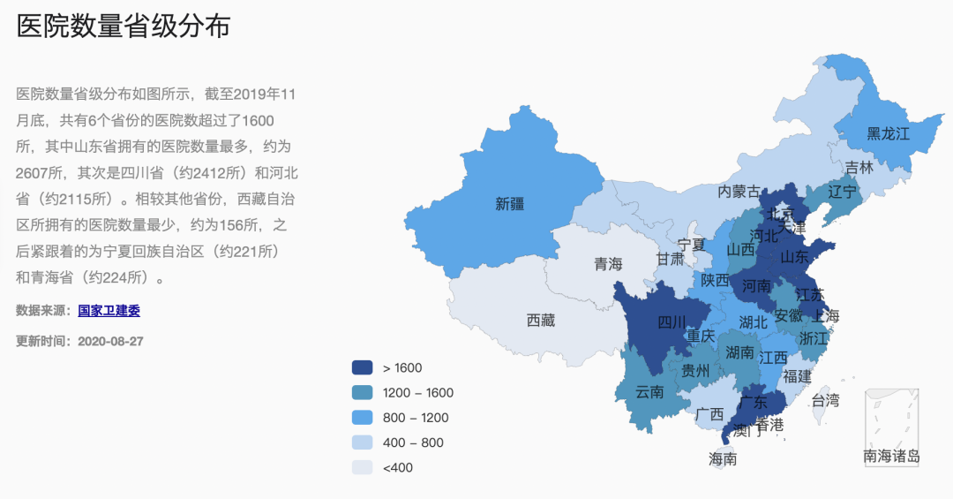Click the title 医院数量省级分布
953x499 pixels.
pyautogui.click(x=124, y=26)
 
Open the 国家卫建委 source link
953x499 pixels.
pyautogui.click(x=109, y=311)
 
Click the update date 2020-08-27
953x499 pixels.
pyautogui.click(x=110, y=341)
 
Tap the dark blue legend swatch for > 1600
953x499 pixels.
pyautogui.click(x=363, y=368)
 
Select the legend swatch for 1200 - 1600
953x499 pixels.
pyautogui.click(x=363, y=393)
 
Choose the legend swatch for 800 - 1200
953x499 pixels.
pyautogui.click(x=363, y=418)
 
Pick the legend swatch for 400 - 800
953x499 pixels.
pyautogui.click(x=363, y=442)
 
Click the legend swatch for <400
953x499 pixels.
pyautogui.click(x=363, y=467)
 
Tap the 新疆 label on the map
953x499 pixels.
pyautogui.click(x=510, y=204)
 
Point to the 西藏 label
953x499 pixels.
pyautogui.click(x=541, y=321)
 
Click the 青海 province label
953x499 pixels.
pyautogui.click(x=608, y=264)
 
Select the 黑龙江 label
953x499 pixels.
pyautogui.click(x=888, y=133)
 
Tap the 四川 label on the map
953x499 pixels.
pyautogui.click(x=672, y=322)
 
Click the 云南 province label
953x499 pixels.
pyautogui.click(x=649, y=392)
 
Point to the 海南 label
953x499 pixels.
pyautogui.click(x=723, y=459)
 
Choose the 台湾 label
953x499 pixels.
pyautogui.click(x=825, y=400)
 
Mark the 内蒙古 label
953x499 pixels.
pyautogui.click(x=739, y=191)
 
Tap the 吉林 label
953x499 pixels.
pyautogui.click(x=859, y=167)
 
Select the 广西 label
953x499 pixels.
pyautogui.click(x=709, y=413)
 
